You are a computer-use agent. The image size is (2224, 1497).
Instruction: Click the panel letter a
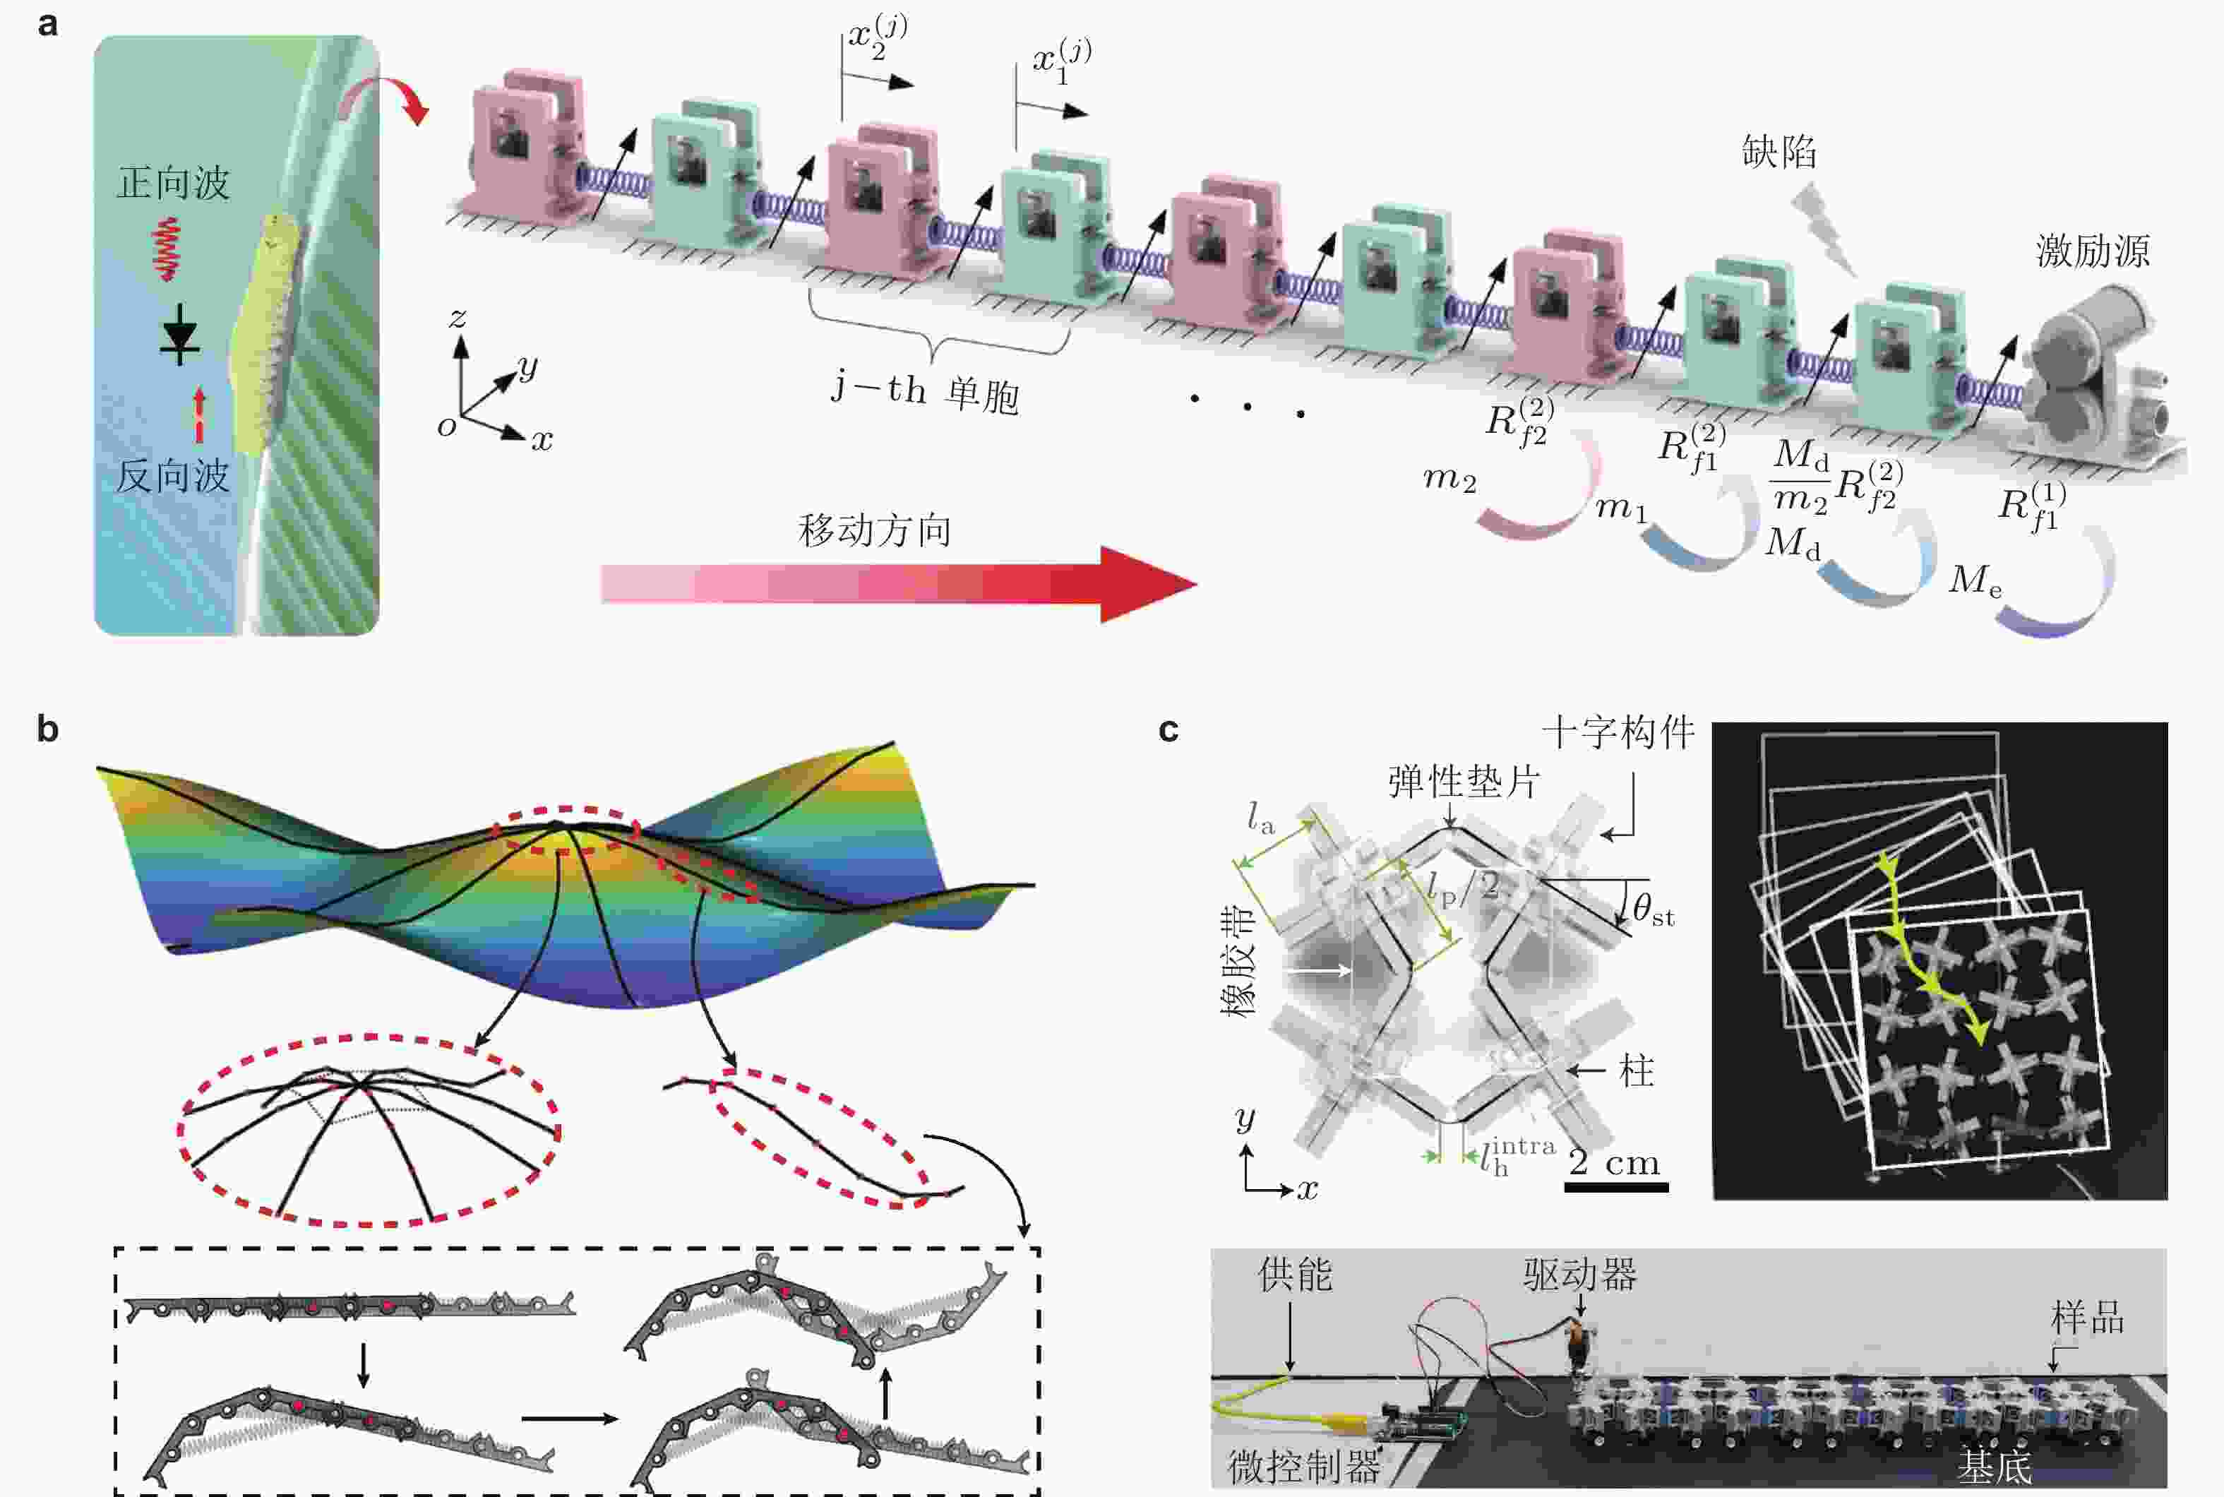click(x=48, y=24)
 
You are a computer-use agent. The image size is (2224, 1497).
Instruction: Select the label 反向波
click(x=173, y=475)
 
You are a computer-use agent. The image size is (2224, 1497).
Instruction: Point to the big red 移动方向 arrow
click(x=898, y=583)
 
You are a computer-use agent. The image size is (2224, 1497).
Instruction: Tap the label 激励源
click(x=2092, y=250)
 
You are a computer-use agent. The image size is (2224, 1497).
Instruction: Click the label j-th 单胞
click(x=925, y=391)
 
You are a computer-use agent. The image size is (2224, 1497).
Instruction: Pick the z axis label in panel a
click(x=458, y=317)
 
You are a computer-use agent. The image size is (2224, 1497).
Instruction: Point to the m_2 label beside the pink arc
click(x=1449, y=477)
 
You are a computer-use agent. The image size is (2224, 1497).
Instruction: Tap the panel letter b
click(x=48, y=729)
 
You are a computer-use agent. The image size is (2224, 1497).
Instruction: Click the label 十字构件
click(x=1619, y=732)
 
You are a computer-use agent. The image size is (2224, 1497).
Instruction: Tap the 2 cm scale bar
click(x=1616, y=1187)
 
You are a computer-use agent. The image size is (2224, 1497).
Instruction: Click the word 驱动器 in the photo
click(x=1579, y=1274)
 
